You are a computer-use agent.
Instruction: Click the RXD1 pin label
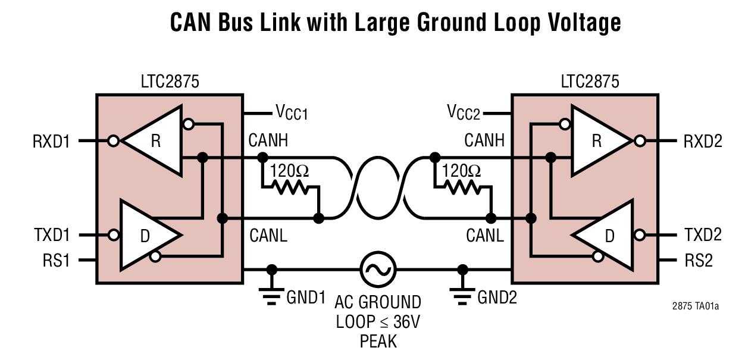52,142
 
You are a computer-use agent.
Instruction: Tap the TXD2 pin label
702,235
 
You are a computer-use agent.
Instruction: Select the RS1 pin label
57,260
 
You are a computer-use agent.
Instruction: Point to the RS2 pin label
698,260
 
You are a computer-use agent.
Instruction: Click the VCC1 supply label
292,112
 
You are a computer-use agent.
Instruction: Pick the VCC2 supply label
464,112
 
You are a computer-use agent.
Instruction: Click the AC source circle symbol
378,270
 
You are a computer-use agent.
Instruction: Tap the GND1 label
306,297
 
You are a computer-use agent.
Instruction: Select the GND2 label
497,297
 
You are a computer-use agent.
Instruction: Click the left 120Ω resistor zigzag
290,187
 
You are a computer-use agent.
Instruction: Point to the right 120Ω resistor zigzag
462,187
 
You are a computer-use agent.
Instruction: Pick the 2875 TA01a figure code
695,306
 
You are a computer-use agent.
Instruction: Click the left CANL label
268,235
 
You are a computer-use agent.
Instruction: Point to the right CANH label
484,141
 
